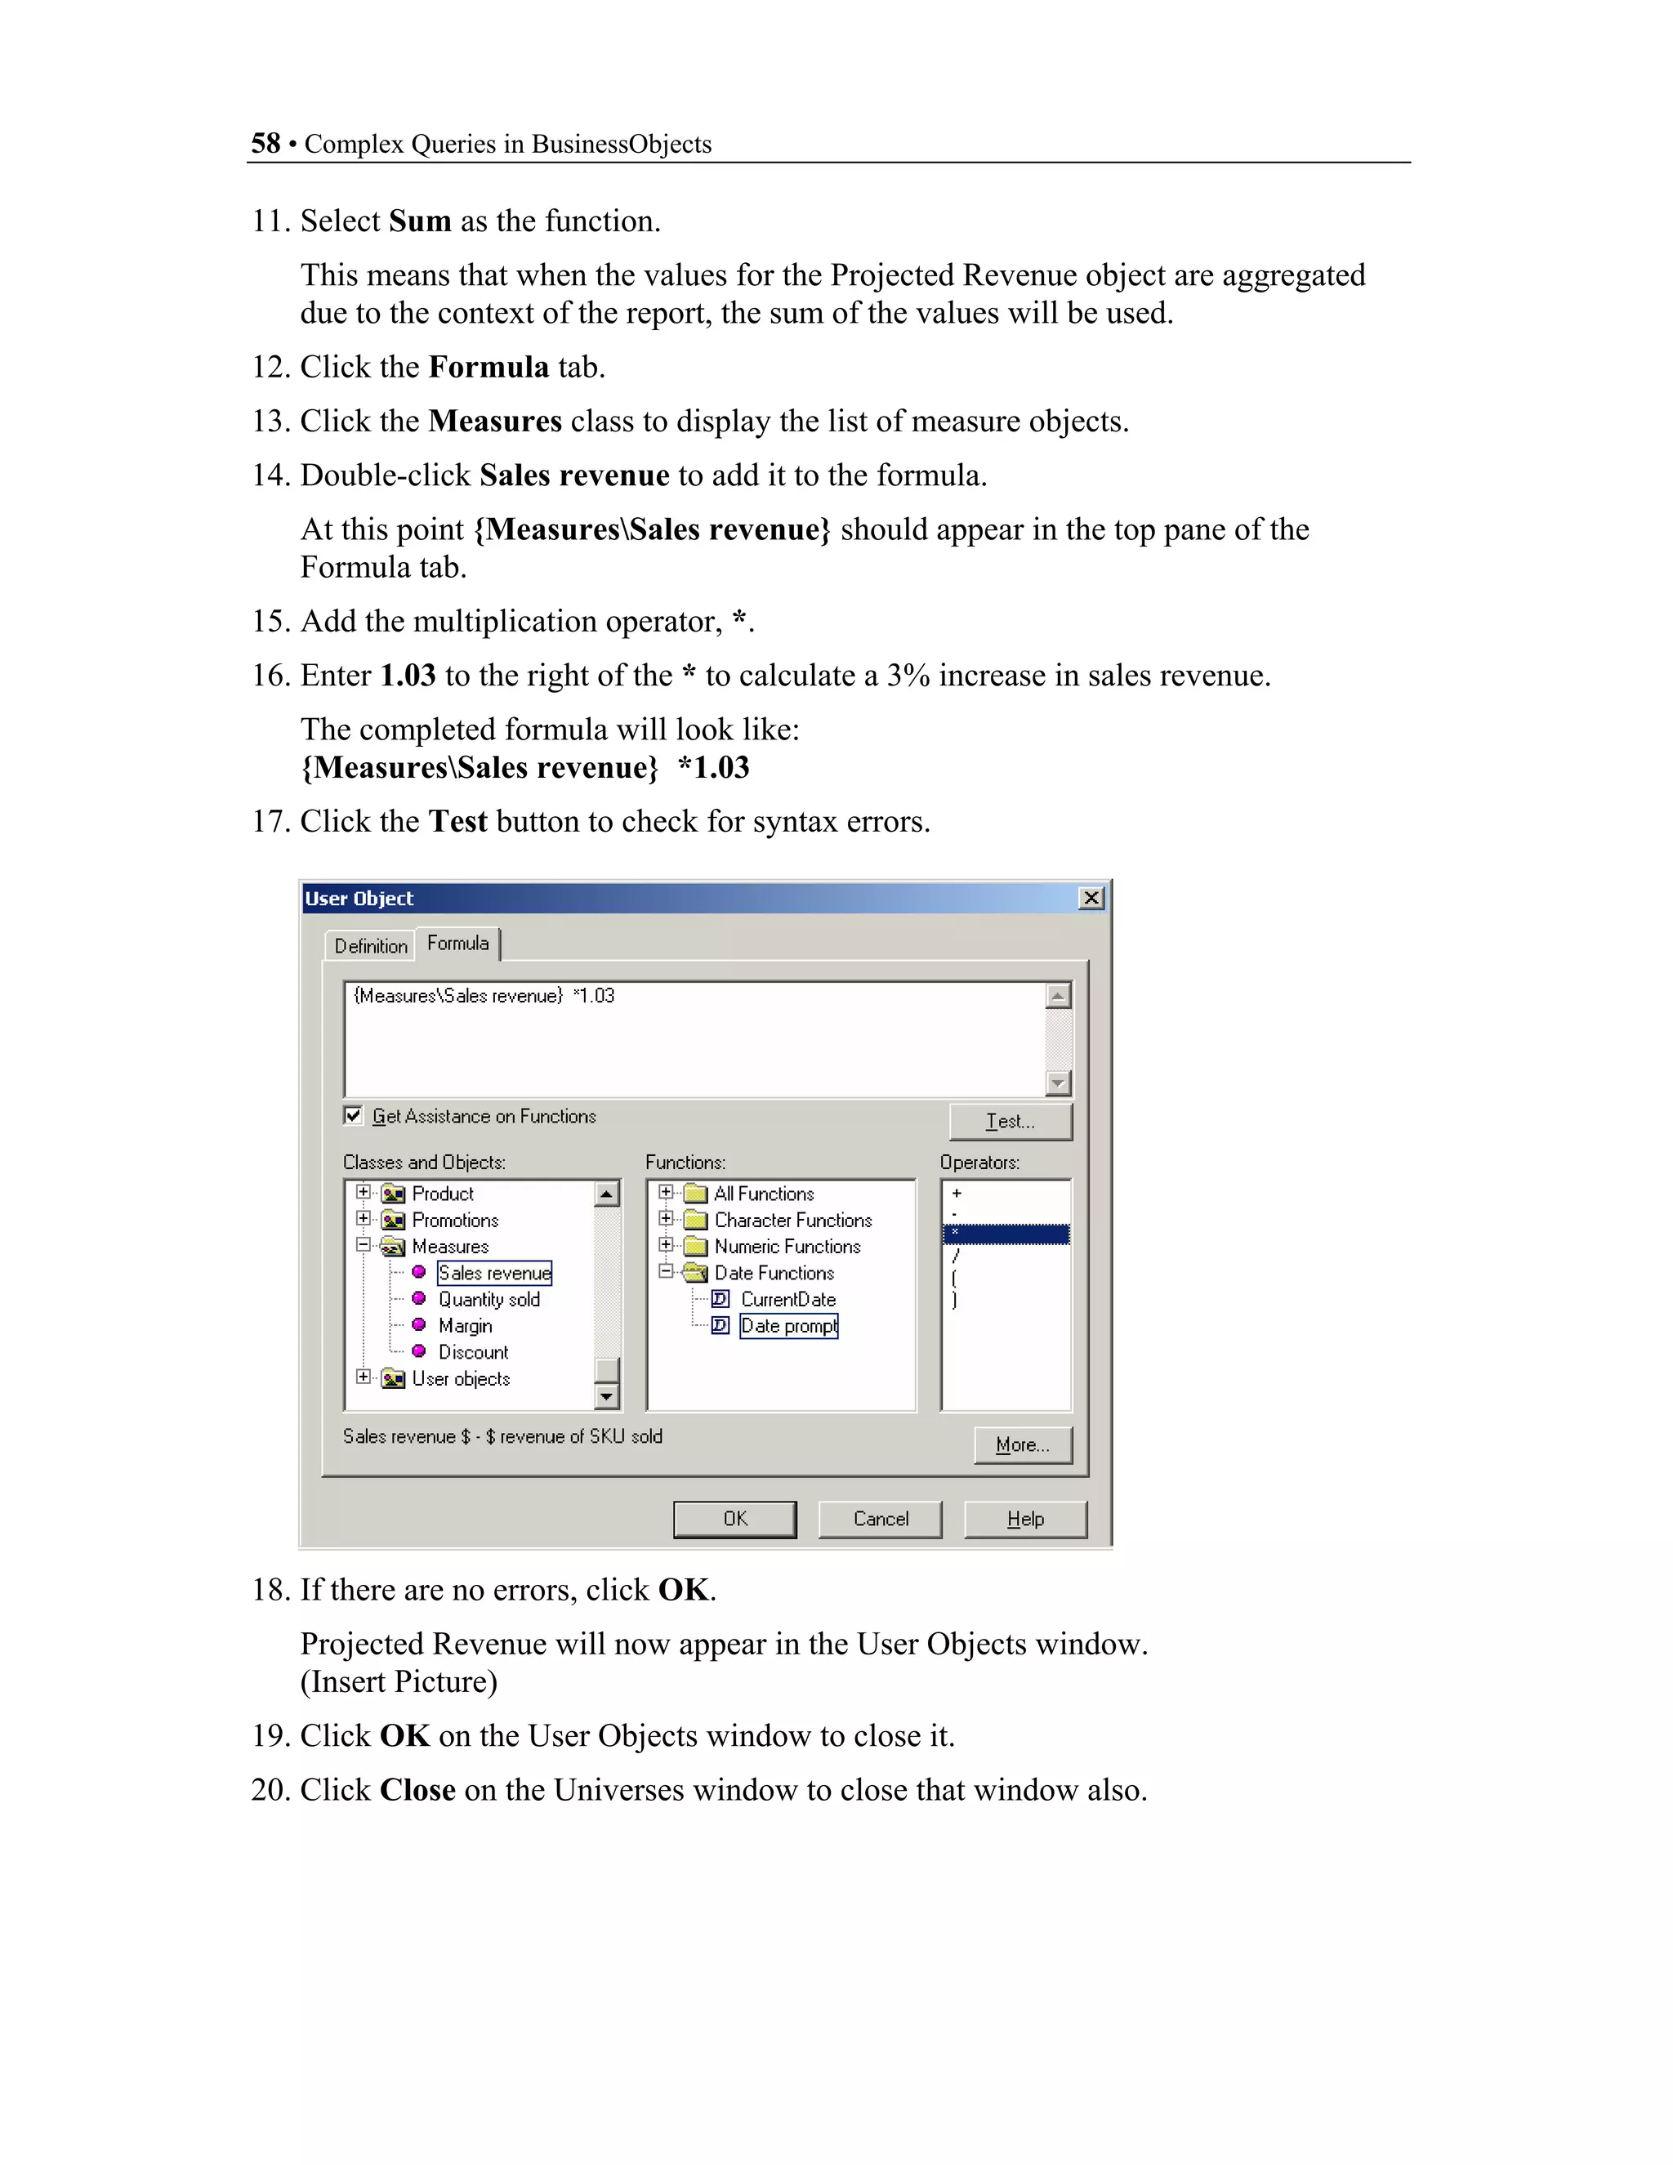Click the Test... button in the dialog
click(x=1010, y=1121)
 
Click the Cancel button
click(x=880, y=1519)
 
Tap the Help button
click(x=1025, y=1519)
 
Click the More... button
click(x=1022, y=1444)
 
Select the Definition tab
click(x=371, y=946)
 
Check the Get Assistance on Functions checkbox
click(x=353, y=1115)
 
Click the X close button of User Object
click(x=1091, y=898)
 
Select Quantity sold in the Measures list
click(x=489, y=1299)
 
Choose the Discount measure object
click(x=473, y=1352)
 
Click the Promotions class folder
click(x=455, y=1221)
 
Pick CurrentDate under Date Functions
click(x=788, y=1299)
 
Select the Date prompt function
click(x=788, y=1325)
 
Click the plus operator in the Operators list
click(x=957, y=1194)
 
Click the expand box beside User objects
click(x=364, y=1377)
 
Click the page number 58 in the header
click(x=265, y=144)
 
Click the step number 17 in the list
click(x=269, y=822)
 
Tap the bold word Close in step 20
click(x=417, y=1790)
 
